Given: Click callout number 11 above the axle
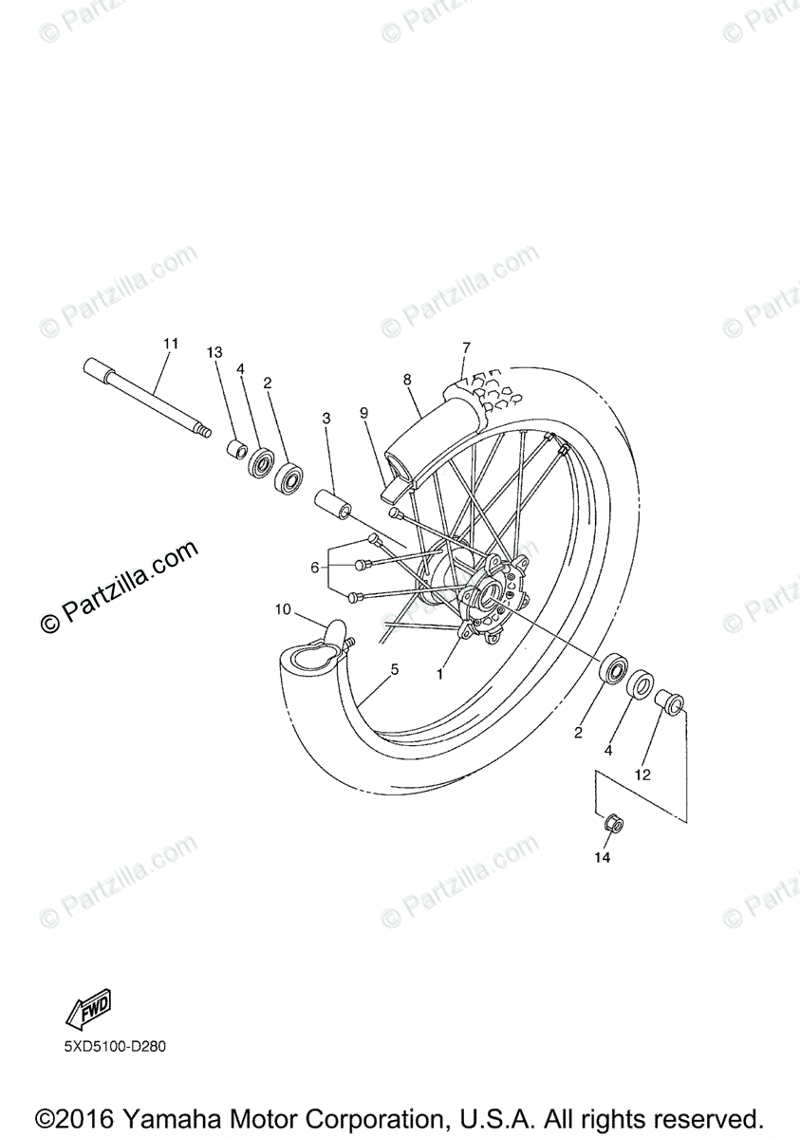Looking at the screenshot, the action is pos(171,343).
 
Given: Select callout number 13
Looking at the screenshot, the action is pos(214,352).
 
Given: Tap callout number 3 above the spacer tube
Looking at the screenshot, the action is pos(326,418).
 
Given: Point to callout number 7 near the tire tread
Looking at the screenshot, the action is pos(466,347).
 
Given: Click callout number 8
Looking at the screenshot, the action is pos(407,380).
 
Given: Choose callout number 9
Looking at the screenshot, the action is pos(363,412).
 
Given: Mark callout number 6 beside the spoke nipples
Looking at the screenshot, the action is pos(315,568).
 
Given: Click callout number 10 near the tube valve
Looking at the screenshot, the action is pos(284,608).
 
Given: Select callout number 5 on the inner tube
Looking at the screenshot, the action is pos(395,669).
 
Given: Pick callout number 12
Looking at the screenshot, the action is pos(642,775).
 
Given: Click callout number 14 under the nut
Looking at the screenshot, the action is pos(603,857).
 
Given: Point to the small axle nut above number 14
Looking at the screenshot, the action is pos(613,824).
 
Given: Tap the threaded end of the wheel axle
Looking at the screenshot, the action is pos(201,430).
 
